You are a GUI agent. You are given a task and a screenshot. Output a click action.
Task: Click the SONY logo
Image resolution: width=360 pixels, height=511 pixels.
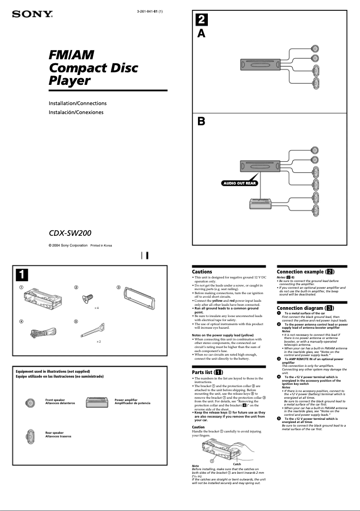click(x=32, y=14)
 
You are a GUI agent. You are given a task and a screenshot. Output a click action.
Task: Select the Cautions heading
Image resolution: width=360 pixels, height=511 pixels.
click(x=202, y=272)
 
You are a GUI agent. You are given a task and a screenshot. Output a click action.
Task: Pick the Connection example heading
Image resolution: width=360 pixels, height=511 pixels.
click(x=305, y=272)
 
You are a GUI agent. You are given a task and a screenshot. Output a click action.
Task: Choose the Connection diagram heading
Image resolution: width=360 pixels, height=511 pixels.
click(x=305, y=308)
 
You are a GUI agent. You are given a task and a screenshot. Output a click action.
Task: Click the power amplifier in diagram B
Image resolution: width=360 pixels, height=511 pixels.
click(x=260, y=203)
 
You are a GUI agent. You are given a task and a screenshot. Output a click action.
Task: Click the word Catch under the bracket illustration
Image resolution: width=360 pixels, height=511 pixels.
click(x=237, y=464)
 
